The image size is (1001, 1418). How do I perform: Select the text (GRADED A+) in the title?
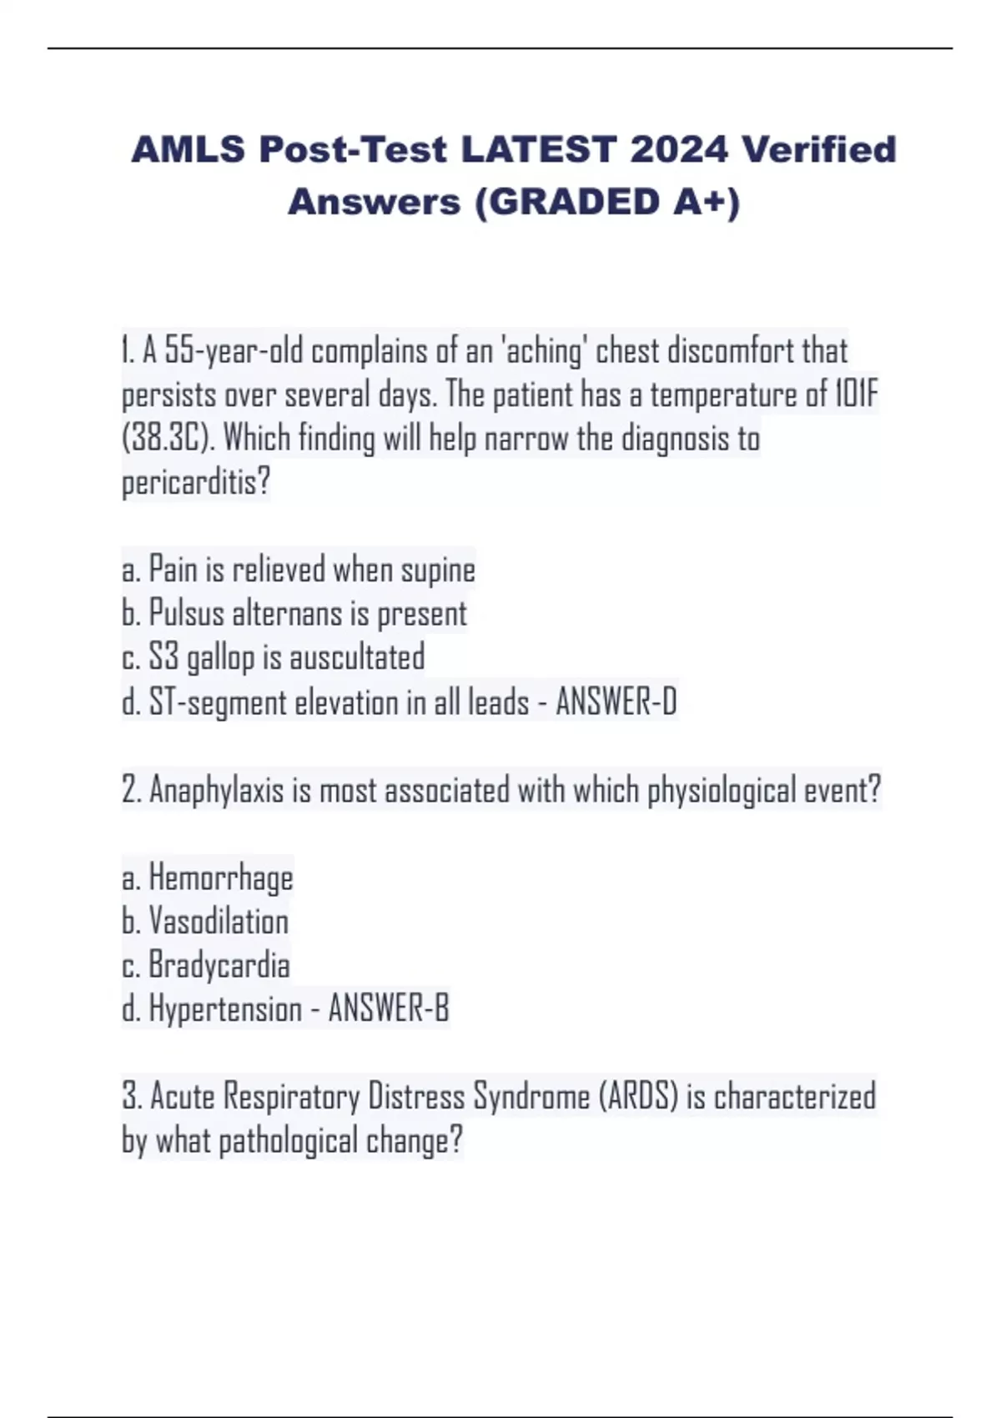click(x=607, y=202)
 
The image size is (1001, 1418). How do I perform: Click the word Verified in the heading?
click(x=819, y=150)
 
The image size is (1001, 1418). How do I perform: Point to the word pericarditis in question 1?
click(x=196, y=483)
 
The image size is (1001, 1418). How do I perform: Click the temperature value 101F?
click(x=856, y=395)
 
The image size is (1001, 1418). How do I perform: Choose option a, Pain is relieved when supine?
click(x=298, y=571)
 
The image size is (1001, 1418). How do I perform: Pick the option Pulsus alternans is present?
click(x=294, y=615)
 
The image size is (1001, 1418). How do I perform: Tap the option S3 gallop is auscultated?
click(x=273, y=658)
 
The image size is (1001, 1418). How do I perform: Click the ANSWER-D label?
click(x=616, y=702)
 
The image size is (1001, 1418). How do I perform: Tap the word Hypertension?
click(x=224, y=1009)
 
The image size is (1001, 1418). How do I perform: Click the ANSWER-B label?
click(x=389, y=1009)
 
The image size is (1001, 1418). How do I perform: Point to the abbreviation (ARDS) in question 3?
click(x=638, y=1097)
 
